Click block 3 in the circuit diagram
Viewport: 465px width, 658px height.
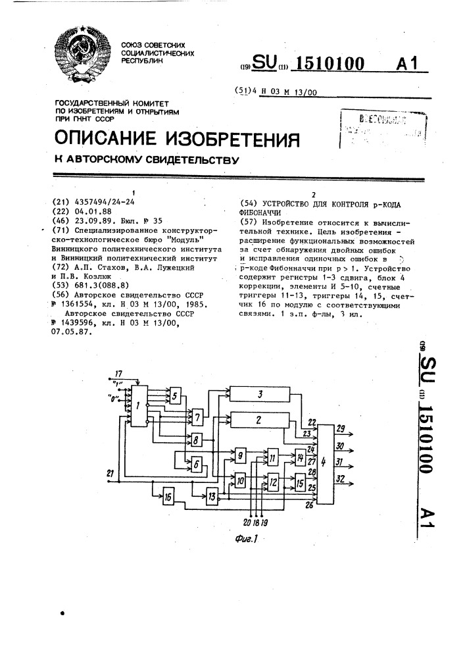point(260,395)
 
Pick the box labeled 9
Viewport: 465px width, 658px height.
point(241,455)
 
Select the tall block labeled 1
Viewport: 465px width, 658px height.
point(138,407)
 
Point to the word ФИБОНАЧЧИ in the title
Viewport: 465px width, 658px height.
point(259,213)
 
